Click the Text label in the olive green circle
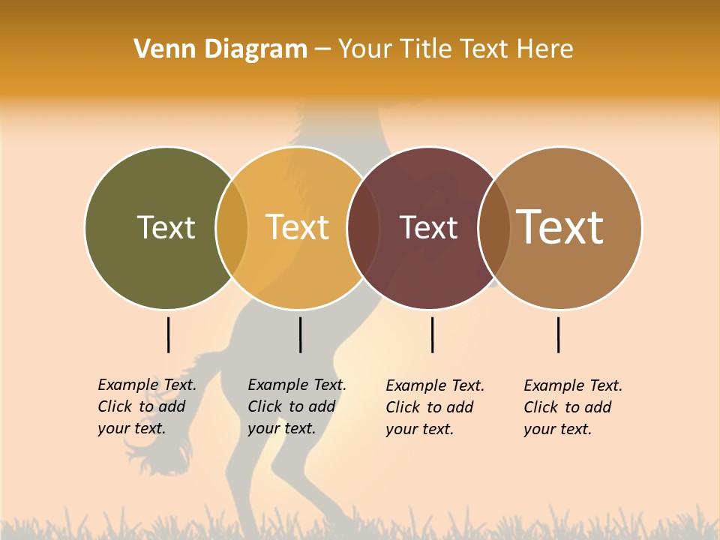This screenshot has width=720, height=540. coord(166,227)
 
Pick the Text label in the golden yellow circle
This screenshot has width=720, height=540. coord(298,227)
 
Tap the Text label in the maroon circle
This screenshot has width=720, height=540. coord(428,228)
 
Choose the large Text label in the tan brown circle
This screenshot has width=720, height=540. coord(560,226)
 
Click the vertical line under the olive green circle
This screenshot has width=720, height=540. coord(168,334)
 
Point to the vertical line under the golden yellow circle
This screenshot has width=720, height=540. coord(300,334)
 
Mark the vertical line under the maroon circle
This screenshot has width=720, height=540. coord(432,334)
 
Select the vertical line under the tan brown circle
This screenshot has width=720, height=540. coord(558,334)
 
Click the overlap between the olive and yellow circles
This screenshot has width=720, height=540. coord(232,228)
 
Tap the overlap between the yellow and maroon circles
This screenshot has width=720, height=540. coord(363,228)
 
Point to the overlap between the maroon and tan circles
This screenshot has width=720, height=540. coord(494,228)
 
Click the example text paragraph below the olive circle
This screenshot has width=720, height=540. coord(146,406)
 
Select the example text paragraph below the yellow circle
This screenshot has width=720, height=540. coord(296,406)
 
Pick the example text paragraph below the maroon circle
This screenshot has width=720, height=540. coord(434,407)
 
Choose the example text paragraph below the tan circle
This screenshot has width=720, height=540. coord(572,407)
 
